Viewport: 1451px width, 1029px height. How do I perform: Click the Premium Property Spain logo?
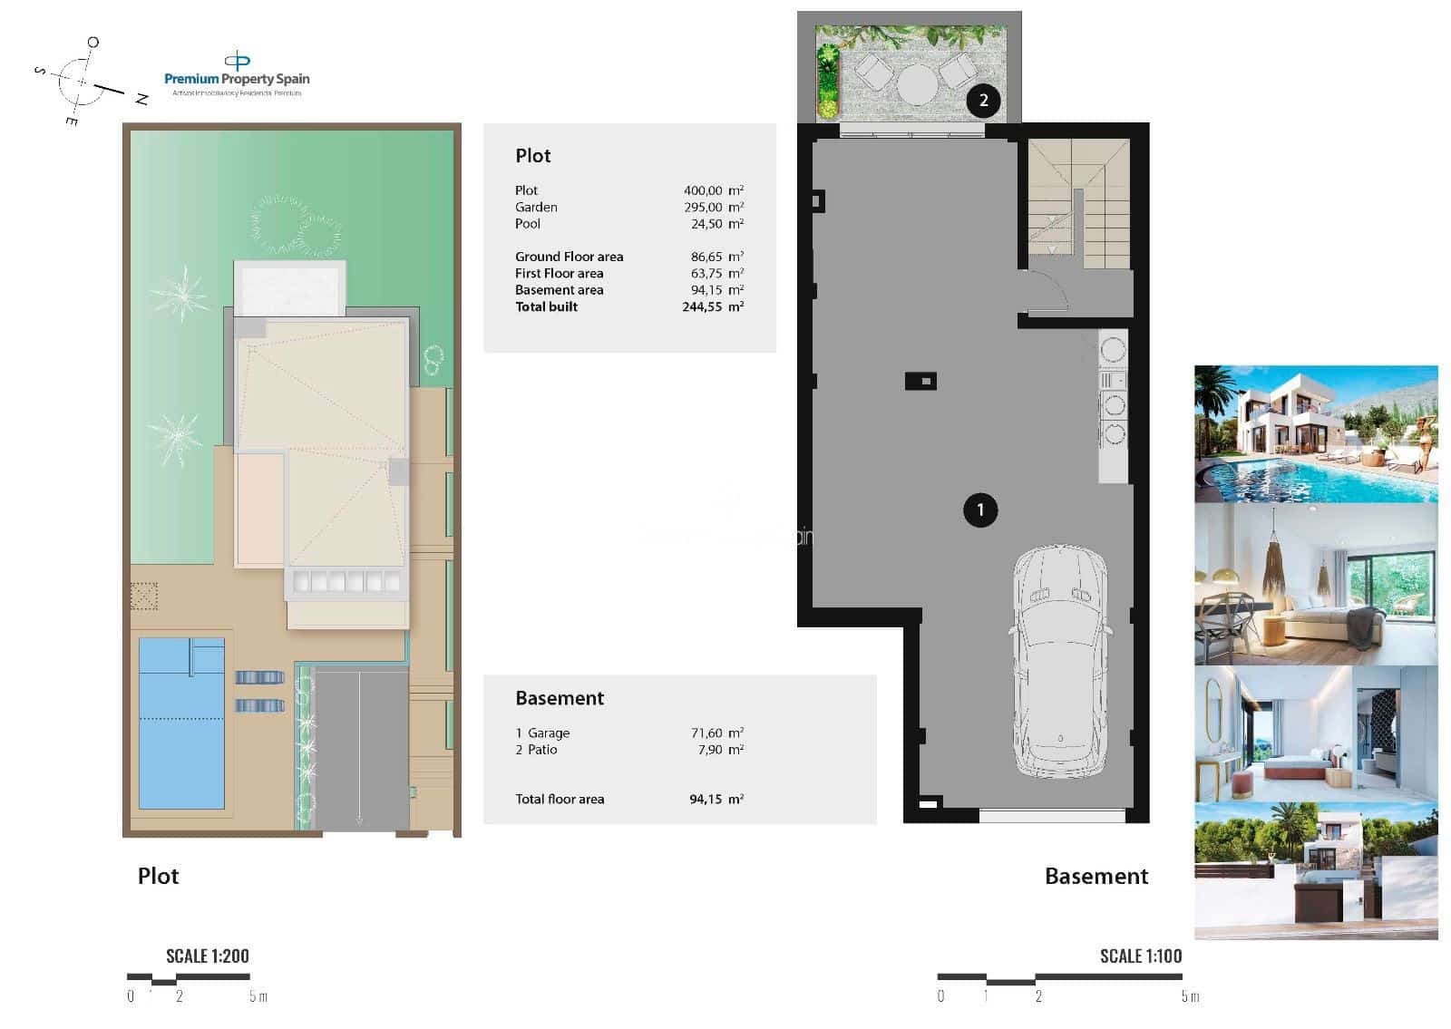click(237, 73)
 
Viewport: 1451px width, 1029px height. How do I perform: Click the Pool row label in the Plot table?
click(528, 224)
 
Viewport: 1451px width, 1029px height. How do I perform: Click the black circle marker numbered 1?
click(979, 510)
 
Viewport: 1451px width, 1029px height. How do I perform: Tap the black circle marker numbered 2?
click(983, 100)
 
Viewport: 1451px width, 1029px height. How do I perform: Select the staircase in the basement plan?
click(1078, 204)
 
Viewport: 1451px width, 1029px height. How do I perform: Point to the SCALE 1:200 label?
click(207, 956)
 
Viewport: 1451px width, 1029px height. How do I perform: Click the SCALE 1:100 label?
click(1140, 956)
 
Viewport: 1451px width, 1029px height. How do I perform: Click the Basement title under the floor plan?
click(1096, 876)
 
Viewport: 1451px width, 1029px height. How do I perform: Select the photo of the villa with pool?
click(1315, 433)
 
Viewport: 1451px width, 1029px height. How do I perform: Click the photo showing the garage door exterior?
click(1315, 870)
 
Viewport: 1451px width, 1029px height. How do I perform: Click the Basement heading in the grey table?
click(559, 698)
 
